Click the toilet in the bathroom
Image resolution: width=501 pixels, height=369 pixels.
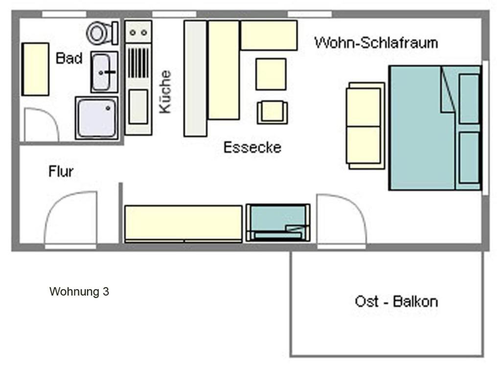coord(102,33)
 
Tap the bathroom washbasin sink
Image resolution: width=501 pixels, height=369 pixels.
coord(104,72)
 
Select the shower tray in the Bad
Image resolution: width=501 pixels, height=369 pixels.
coord(97,118)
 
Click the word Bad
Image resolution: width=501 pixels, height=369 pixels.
coord(69,58)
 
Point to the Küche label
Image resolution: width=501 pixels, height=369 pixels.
coord(165,92)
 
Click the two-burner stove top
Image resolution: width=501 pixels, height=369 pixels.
coord(138,32)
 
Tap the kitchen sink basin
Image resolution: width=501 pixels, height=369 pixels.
coord(138,106)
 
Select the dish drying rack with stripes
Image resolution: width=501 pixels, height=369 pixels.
coord(138,63)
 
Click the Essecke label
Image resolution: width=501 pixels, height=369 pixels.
coord(252,148)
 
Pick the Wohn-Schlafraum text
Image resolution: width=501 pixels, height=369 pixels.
coord(376,43)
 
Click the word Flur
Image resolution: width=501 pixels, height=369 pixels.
coord(61,172)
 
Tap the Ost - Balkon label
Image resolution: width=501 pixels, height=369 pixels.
coord(396,301)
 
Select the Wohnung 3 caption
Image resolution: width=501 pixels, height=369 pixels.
coord(79,292)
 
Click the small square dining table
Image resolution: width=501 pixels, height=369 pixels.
coord(271,74)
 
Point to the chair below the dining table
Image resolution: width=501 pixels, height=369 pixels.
coord(272,112)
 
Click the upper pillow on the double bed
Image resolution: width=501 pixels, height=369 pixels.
coord(469,98)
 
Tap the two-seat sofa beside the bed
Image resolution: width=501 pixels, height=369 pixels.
coord(365,126)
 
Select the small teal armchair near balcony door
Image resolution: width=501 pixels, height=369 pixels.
coord(278,223)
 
